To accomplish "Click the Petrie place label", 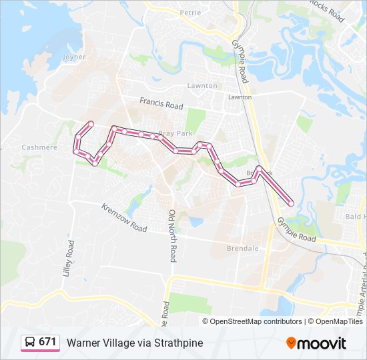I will tap(190, 13).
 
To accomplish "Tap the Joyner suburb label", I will tap(74, 57).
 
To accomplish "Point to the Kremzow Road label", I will tap(124, 218).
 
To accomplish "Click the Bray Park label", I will tap(175, 134).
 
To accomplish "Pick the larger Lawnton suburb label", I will tap(202, 86).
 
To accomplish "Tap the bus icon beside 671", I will tap(30, 342).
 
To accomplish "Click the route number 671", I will tap(47, 342).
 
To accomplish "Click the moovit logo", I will tap(316, 343).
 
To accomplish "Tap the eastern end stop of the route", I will tap(290, 203).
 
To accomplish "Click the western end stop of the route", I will tap(91, 123).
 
